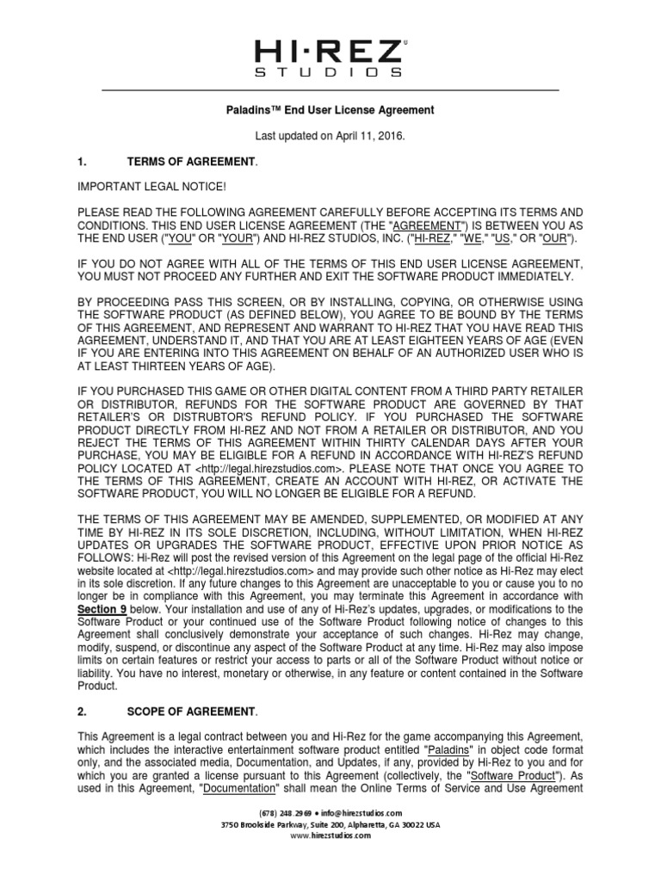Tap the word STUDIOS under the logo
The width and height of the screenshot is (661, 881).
click(x=330, y=74)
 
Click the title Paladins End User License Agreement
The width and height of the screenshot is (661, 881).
click(x=330, y=110)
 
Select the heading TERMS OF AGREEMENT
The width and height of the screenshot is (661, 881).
click(x=190, y=162)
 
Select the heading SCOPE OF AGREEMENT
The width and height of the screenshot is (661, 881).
click(x=190, y=711)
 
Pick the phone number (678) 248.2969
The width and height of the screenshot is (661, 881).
click(x=287, y=813)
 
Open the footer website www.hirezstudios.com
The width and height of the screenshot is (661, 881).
click(x=331, y=835)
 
